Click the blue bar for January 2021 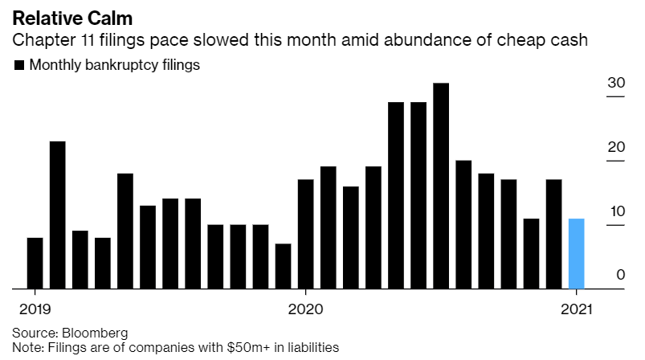[576, 253]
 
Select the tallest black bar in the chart [440, 186]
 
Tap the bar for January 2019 [35, 263]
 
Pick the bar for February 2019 [57, 215]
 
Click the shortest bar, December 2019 [283, 266]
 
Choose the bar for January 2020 [305, 234]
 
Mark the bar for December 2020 [553, 234]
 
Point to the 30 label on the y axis [616, 83]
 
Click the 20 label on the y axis [616, 147]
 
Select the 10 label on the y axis [616, 211]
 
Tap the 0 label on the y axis [620, 275]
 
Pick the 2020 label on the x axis [306, 309]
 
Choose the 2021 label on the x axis [577, 309]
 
